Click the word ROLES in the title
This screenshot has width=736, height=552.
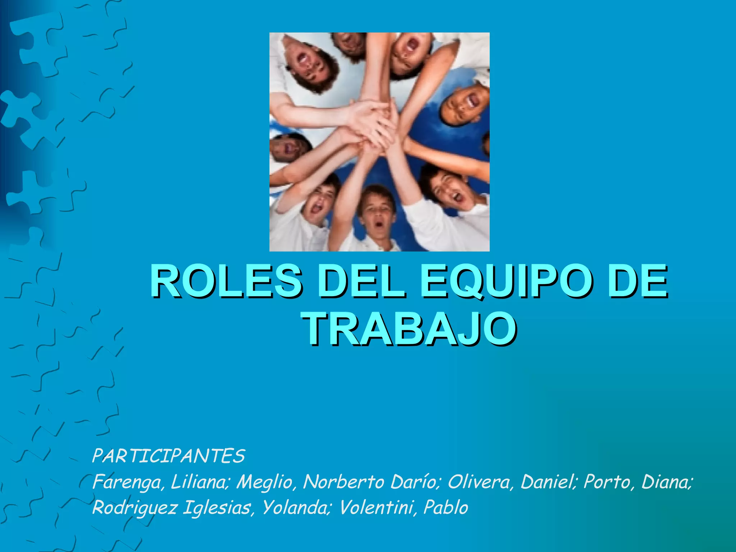coord(226,281)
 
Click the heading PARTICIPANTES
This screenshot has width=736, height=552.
coord(169,456)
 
